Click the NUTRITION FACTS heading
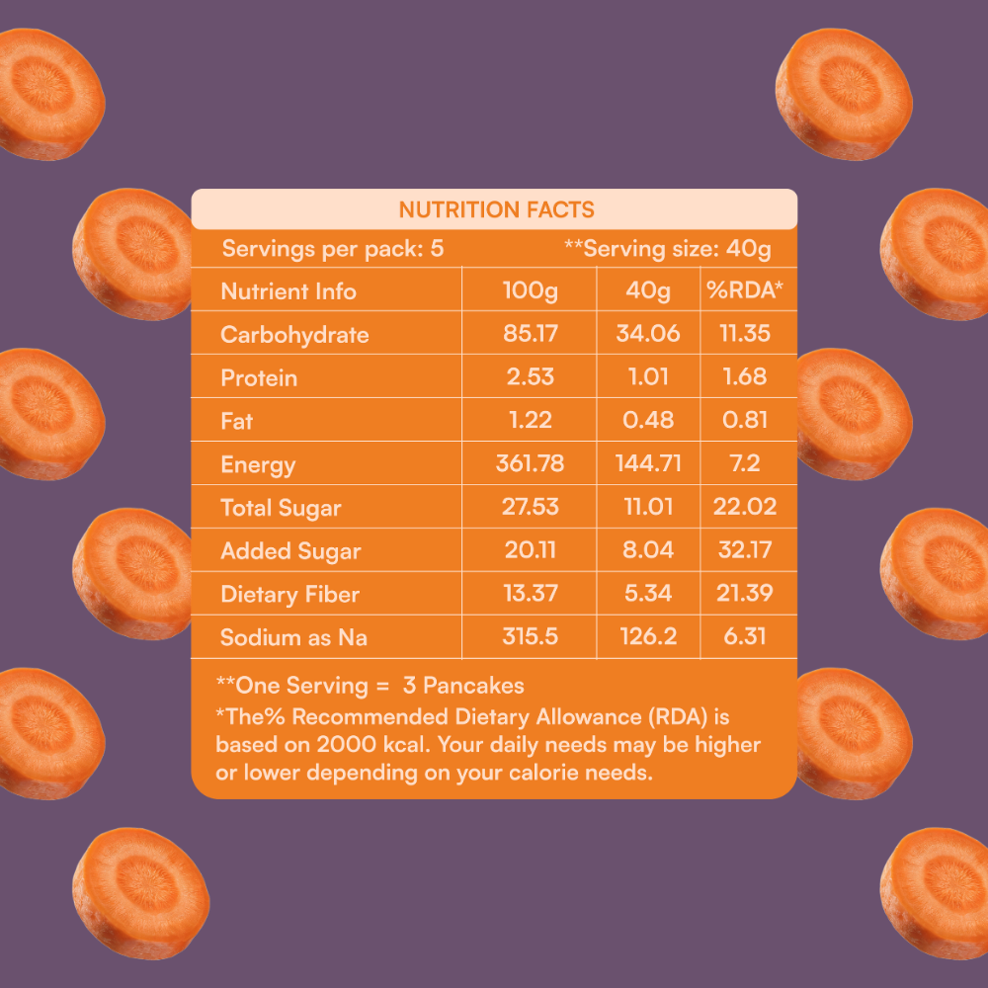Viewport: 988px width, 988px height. (x=497, y=209)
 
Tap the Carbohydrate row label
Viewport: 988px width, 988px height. (x=294, y=335)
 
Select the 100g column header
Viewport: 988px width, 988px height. (x=530, y=291)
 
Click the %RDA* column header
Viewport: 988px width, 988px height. (x=745, y=289)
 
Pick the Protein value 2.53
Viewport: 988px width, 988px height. (x=530, y=376)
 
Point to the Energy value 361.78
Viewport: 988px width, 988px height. (x=530, y=463)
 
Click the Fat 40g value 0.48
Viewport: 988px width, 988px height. (x=648, y=420)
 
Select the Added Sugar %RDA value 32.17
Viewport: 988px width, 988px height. (x=745, y=550)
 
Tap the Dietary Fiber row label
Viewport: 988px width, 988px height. (x=289, y=594)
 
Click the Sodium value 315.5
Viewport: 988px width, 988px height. (x=530, y=637)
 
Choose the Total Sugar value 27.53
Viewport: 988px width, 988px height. (x=530, y=507)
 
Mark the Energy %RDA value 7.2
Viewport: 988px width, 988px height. (x=745, y=463)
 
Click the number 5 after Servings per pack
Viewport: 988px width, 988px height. (x=437, y=249)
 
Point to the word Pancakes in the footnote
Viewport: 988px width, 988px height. (x=473, y=686)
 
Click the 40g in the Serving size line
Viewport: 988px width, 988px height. (x=749, y=250)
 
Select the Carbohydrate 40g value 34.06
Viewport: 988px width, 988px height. (x=648, y=333)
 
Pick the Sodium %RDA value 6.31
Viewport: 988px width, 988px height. (x=745, y=637)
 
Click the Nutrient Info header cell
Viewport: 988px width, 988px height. (x=288, y=291)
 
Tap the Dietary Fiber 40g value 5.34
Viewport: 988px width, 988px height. (x=648, y=594)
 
